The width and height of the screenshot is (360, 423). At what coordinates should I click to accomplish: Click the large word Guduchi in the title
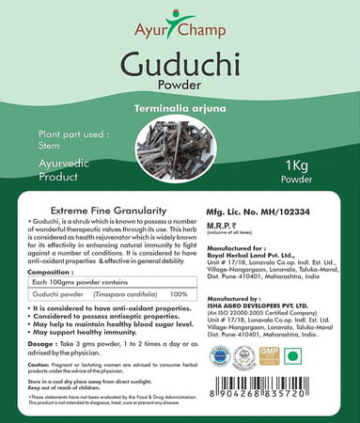tap(180, 67)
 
